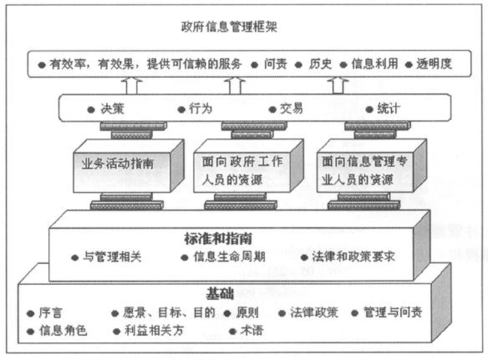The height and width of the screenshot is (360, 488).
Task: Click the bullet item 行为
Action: click(200, 109)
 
